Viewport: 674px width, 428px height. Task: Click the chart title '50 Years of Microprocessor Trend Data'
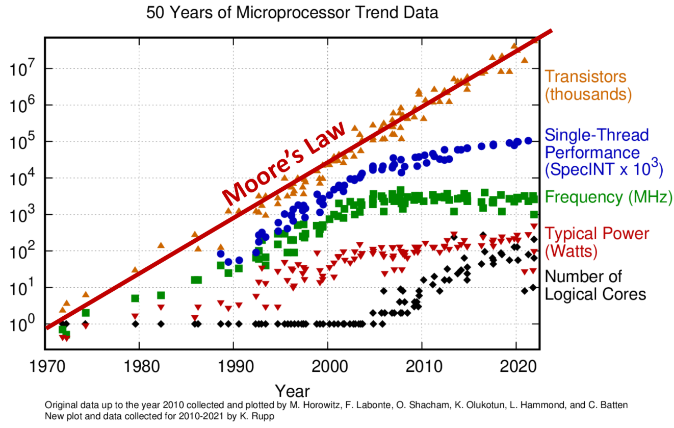coord(292,13)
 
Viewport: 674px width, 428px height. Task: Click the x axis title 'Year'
coord(292,391)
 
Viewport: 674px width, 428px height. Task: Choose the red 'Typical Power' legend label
coord(597,234)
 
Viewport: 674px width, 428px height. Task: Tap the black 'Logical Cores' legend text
coord(595,294)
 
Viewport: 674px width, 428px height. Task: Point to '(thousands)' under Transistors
coord(588,94)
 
